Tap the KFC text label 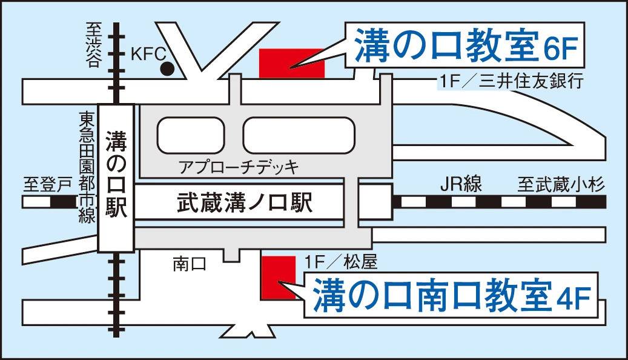coord(148,54)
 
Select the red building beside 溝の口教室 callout coord(291,63)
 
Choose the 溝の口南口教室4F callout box coord(451,295)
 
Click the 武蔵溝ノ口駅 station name coord(244,203)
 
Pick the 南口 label coord(190,263)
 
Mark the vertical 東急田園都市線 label coord(86,167)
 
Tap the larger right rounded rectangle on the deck coord(298,135)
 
